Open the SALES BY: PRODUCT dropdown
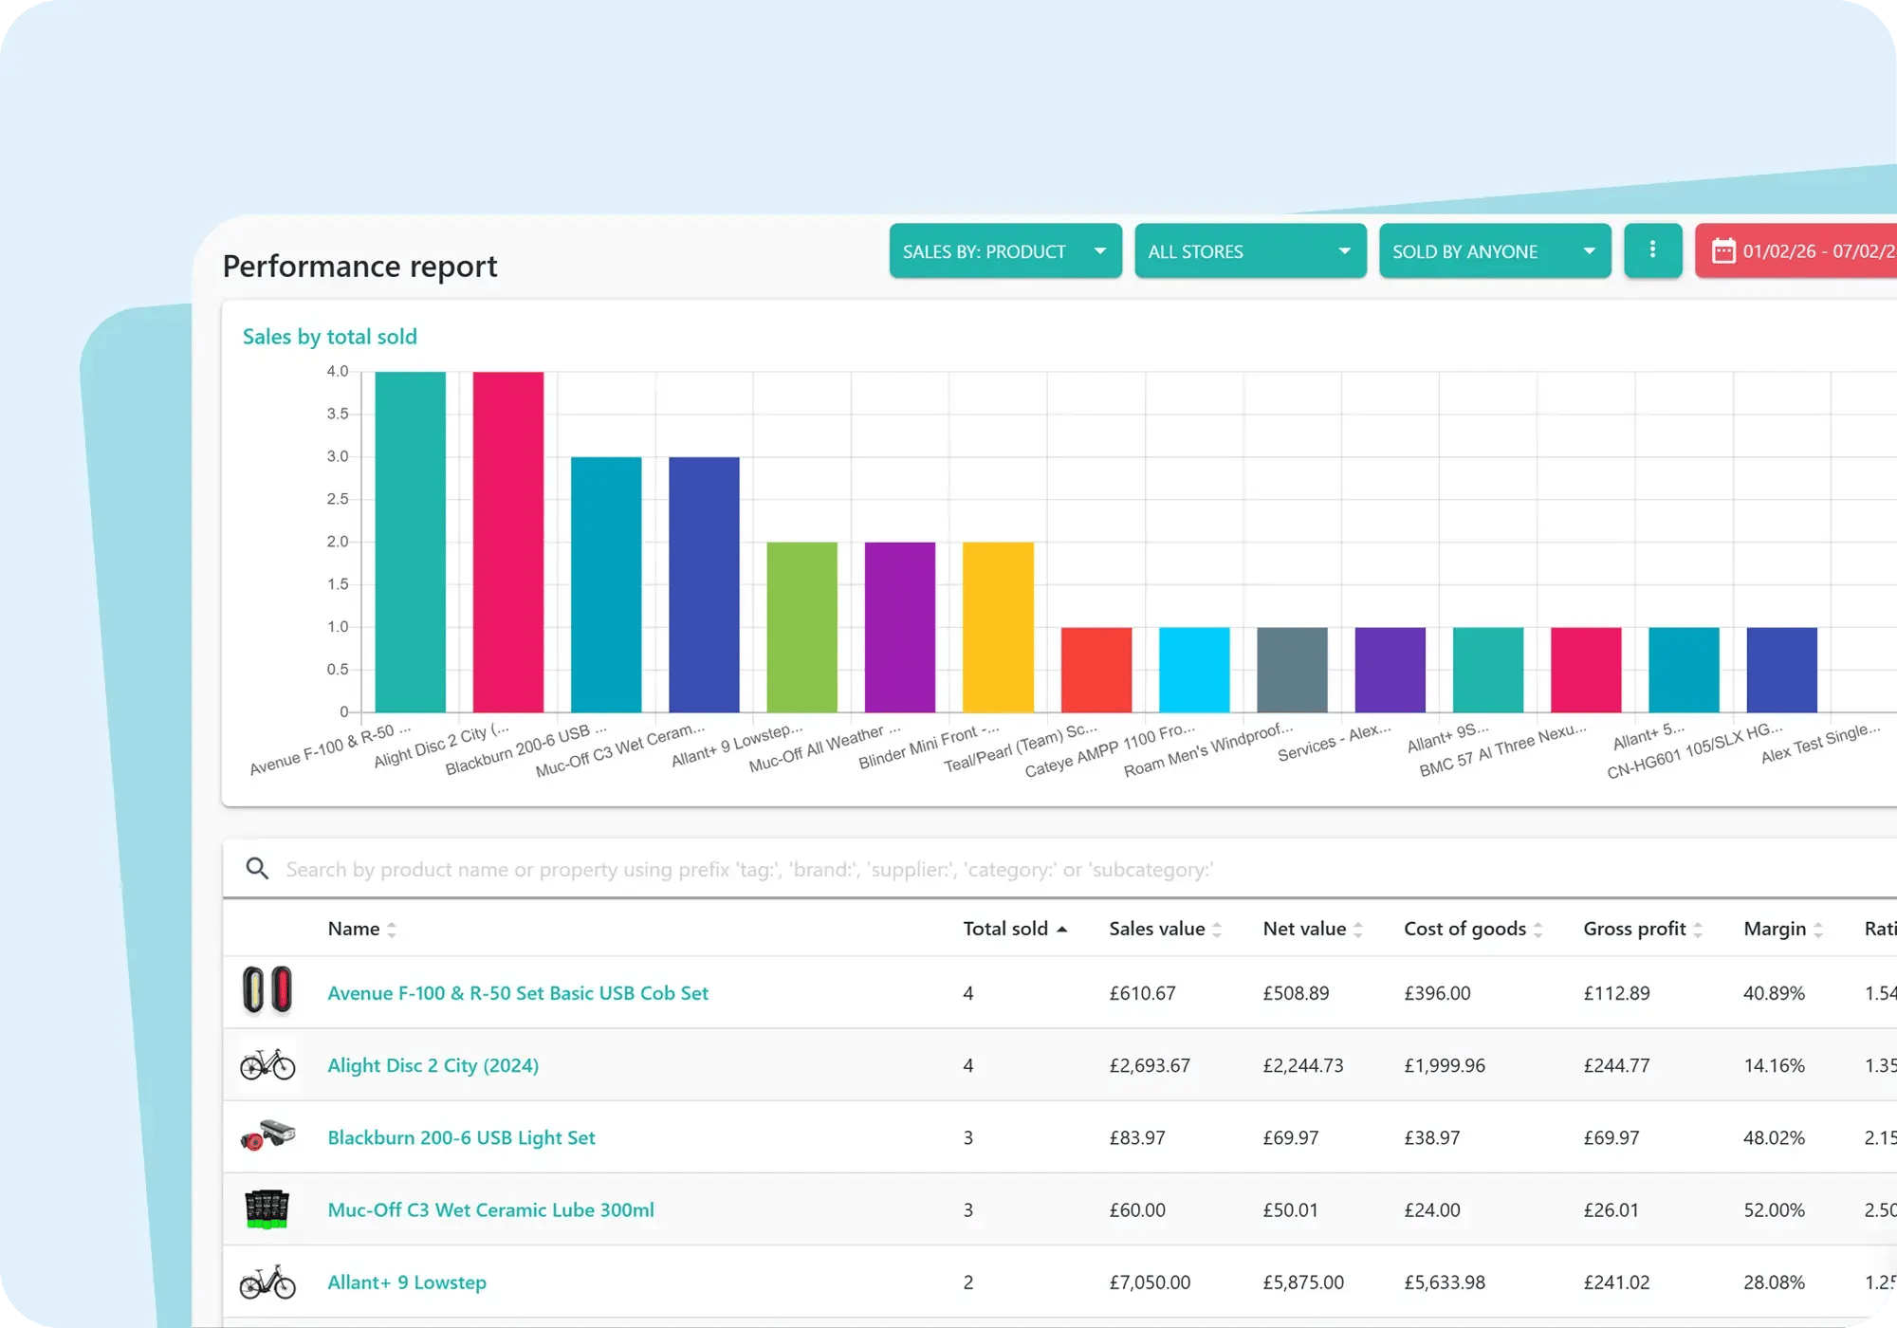click(1004, 251)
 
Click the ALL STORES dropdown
click(1249, 251)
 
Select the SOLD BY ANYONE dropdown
click(1494, 251)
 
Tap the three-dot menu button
click(1652, 250)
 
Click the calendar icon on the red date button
click(1722, 251)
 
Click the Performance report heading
click(359, 267)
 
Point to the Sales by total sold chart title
click(329, 337)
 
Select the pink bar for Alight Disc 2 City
click(508, 541)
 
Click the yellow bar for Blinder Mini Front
click(998, 626)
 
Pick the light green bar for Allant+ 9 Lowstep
click(801, 626)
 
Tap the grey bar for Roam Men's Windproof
click(1292, 669)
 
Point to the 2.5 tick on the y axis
click(338, 499)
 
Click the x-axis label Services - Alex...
click(1334, 743)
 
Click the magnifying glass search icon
click(257, 868)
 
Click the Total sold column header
click(1005, 929)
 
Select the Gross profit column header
click(1634, 929)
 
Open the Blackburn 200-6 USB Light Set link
click(461, 1137)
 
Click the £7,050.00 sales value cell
click(1150, 1282)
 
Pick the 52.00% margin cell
click(1774, 1210)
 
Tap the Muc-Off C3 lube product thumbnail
click(267, 1209)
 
